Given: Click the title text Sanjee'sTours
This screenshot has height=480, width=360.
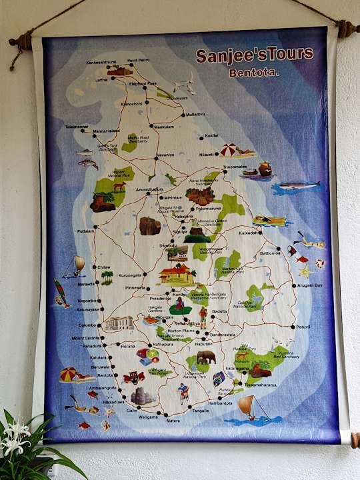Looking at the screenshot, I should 254,55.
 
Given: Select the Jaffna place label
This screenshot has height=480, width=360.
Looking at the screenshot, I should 101,80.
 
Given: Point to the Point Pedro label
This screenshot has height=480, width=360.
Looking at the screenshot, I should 139,61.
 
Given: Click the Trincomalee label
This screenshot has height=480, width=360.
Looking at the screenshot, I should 235,167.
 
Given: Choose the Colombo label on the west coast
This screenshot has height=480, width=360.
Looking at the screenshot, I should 87,325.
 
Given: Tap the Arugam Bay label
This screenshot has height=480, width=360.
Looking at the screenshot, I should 309,285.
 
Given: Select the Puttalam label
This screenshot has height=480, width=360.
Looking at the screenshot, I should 85,231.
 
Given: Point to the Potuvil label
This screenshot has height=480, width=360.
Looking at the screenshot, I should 303,327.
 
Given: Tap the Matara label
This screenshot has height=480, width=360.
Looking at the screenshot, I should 173,421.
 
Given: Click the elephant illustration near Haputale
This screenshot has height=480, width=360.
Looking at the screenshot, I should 205,357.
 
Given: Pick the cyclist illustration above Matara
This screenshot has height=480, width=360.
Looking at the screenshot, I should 183,393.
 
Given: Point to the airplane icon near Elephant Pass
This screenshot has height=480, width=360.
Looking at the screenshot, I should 183,87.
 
